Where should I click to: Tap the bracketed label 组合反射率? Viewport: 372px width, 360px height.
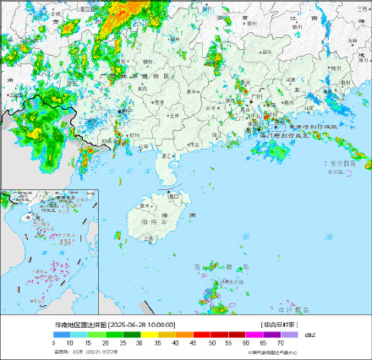tap(278, 325)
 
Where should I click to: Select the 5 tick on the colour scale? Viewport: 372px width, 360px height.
tap(53, 342)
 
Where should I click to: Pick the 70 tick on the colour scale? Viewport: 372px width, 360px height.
tap(280, 342)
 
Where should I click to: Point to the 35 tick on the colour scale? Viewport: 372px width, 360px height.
tap(158, 342)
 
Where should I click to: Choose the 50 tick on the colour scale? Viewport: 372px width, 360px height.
tap(211, 342)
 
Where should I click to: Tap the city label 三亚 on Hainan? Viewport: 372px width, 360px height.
tap(149, 238)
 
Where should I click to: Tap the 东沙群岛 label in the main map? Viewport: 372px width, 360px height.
tap(342, 163)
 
